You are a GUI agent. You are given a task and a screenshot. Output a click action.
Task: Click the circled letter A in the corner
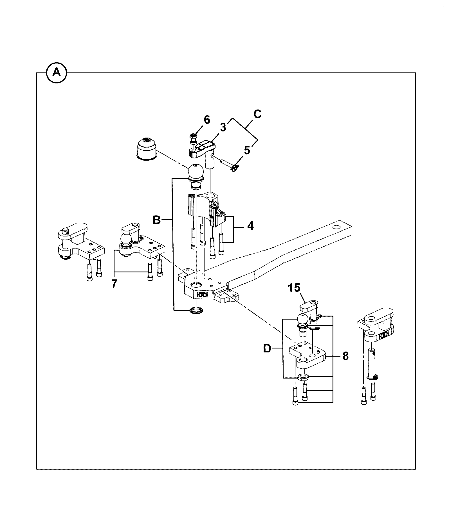[57, 72]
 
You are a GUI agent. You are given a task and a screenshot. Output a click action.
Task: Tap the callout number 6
[207, 120]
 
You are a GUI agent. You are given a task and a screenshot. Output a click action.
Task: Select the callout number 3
[223, 127]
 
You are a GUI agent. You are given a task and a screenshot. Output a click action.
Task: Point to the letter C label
[257, 114]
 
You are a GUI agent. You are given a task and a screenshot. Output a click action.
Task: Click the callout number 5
[247, 150]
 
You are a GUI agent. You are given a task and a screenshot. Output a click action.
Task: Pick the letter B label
[157, 220]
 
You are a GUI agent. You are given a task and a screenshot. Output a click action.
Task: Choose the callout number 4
[250, 225]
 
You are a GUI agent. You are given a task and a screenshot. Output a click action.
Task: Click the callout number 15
[294, 288]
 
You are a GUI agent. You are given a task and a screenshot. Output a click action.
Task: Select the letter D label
[267, 349]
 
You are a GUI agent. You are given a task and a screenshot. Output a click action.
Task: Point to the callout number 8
[345, 356]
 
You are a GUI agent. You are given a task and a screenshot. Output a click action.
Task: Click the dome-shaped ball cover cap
[147, 149]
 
